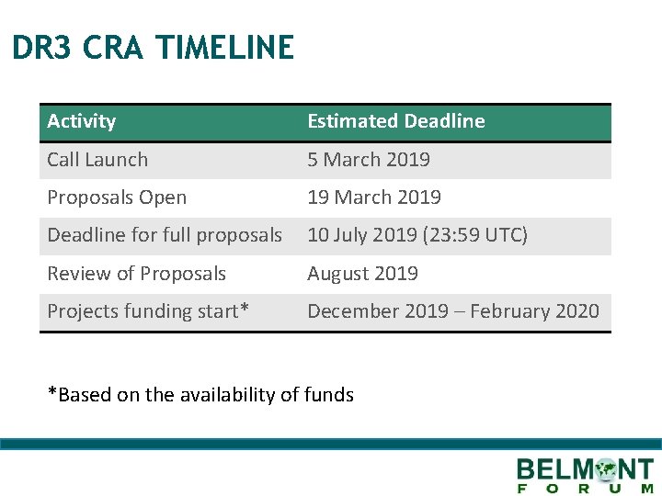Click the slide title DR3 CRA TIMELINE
coord(153,48)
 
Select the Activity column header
coord(82,121)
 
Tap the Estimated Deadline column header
coord(395,121)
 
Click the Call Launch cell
coord(97,160)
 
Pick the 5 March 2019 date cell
coord(368,160)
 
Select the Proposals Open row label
coord(117,197)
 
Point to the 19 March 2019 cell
coord(373,197)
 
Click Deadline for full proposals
coord(165,235)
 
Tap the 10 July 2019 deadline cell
coord(417,235)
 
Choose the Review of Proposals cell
coord(136,274)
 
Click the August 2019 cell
coord(362,274)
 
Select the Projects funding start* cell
coord(148,311)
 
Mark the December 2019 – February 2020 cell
coord(452,311)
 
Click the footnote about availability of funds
coord(200,395)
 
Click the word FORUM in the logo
coord(585,489)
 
